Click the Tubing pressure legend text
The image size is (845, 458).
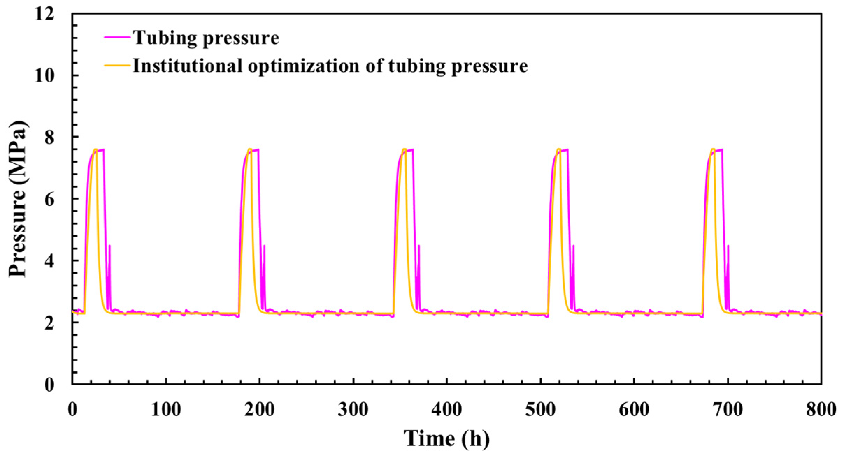click(206, 37)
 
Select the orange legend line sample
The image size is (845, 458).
click(117, 65)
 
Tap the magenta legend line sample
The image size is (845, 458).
click(117, 37)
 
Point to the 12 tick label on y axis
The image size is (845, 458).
click(44, 14)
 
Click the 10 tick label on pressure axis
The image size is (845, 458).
click(44, 75)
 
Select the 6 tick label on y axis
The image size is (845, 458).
click(49, 199)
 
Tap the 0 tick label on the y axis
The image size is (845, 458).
click(49, 384)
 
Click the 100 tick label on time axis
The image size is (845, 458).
click(166, 409)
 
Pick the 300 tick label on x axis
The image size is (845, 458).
click(353, 409)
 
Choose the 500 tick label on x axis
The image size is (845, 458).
click(540, 409)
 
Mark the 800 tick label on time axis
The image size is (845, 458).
click(821, 409)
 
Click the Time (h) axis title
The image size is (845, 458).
click(446, 438)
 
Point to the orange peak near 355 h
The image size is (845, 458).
click(404, 149)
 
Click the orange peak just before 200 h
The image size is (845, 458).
click(250, 149)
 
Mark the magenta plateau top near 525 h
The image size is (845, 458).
click(564, 150)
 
